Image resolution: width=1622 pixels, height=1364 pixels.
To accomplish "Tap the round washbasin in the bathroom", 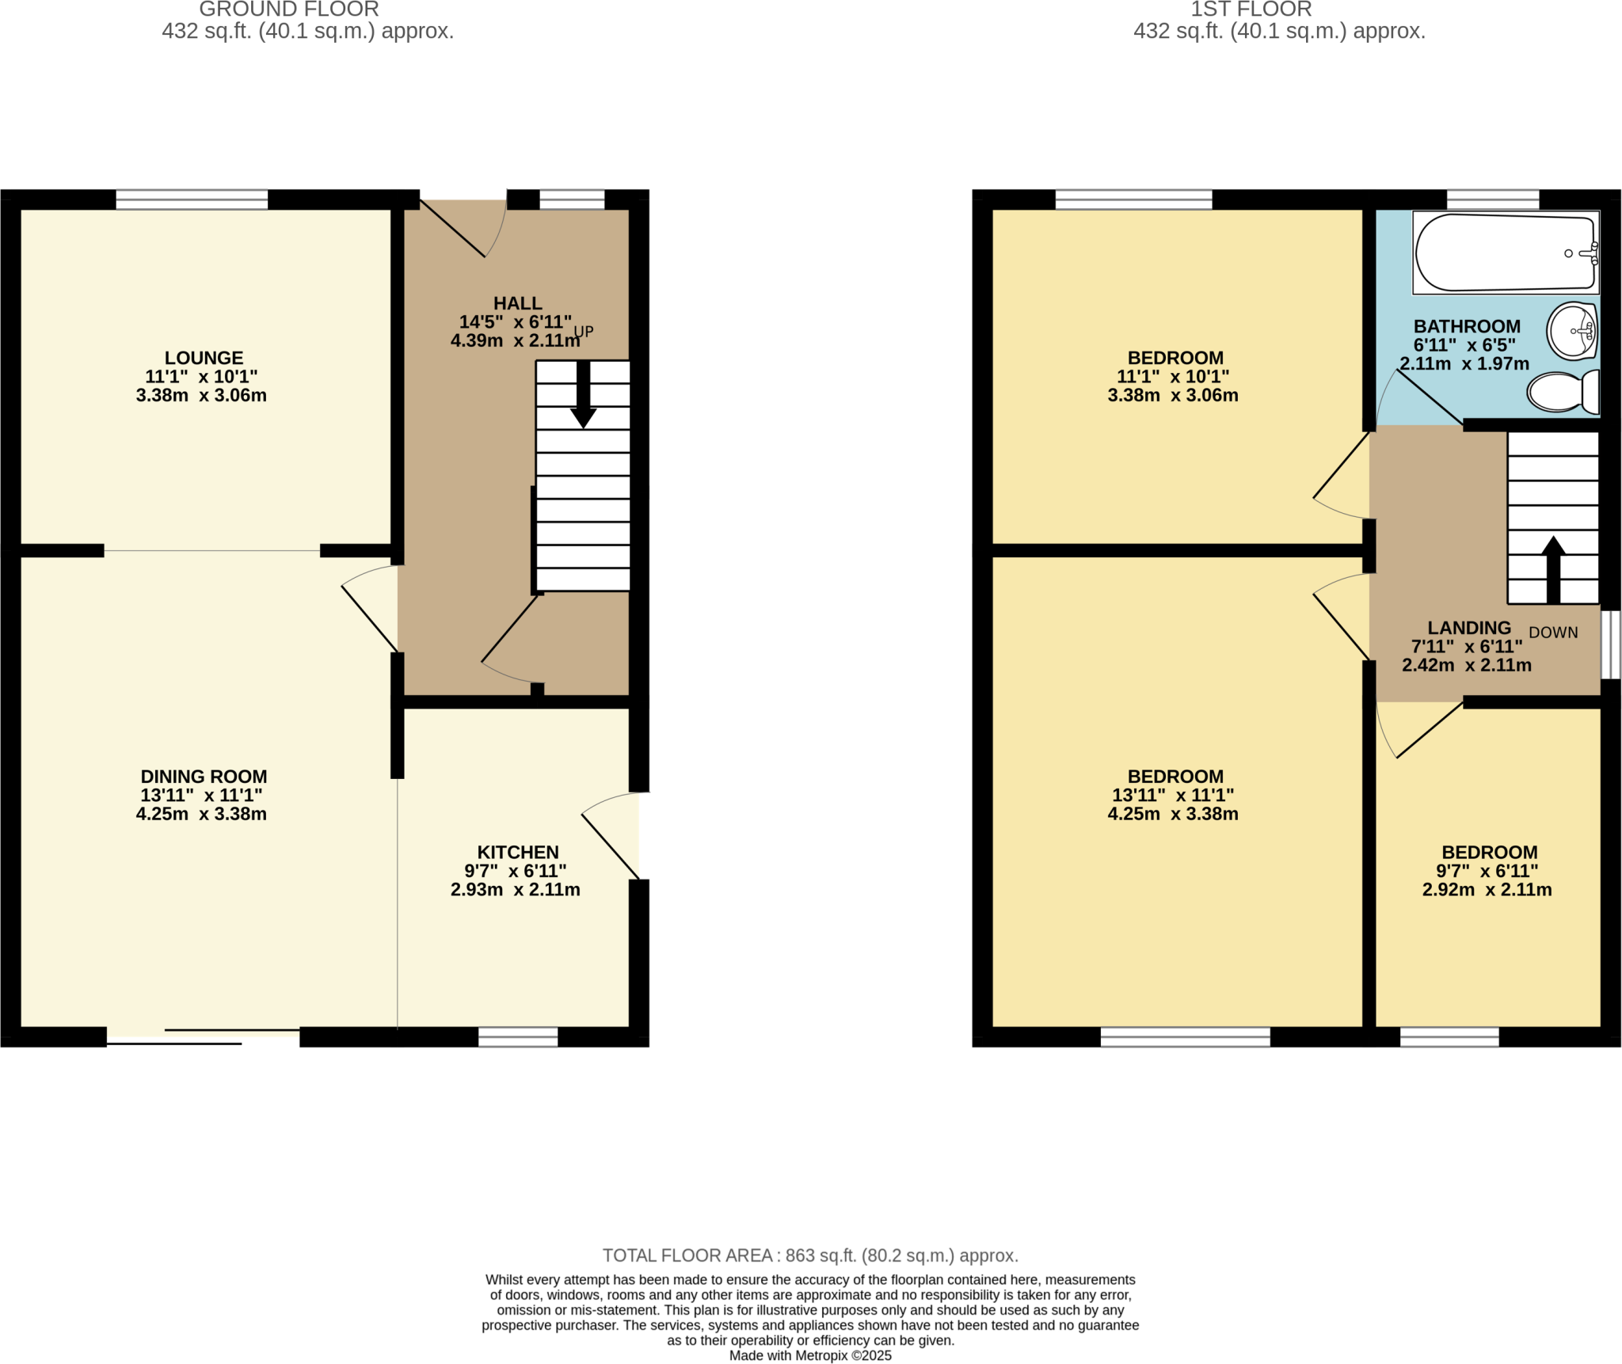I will click(x=1572, y=331).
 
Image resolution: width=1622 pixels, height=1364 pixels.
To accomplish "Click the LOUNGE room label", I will click(x=204, y=358).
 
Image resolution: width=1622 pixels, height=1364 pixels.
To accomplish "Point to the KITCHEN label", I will click(x=517, y=852).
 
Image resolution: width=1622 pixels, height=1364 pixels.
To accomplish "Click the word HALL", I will click(x=517, y=303).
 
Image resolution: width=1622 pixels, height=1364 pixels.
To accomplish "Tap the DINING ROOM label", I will click(x=204, y=777).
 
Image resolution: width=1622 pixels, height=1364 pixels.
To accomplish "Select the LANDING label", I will click(x=1469, y=628).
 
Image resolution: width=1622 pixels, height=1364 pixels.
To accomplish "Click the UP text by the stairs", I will click(x=584, y=332).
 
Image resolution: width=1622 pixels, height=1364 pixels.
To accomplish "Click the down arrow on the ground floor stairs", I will click(x=583, y=395).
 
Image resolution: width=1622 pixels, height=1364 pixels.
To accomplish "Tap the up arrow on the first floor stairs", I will click(x=1553, y=569).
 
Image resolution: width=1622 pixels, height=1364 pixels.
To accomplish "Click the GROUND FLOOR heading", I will click(x=288, y=9).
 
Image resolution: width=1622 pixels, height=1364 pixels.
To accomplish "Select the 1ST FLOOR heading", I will click(x=1251, y=9).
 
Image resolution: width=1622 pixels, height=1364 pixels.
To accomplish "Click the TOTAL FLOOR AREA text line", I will click(x=810, y=1256).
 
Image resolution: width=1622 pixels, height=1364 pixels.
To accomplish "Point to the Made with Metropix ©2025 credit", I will click(x=810, y=1355).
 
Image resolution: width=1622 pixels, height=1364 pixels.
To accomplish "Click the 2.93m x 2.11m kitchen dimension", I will click(x=515, y=890).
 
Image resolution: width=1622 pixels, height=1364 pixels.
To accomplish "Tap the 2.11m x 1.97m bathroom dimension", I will click(x=1464, y=364).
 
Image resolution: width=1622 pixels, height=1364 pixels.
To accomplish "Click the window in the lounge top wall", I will click(x=192, y=199).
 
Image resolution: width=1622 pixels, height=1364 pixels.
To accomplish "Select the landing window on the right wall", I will click(x=1611, y=644).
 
